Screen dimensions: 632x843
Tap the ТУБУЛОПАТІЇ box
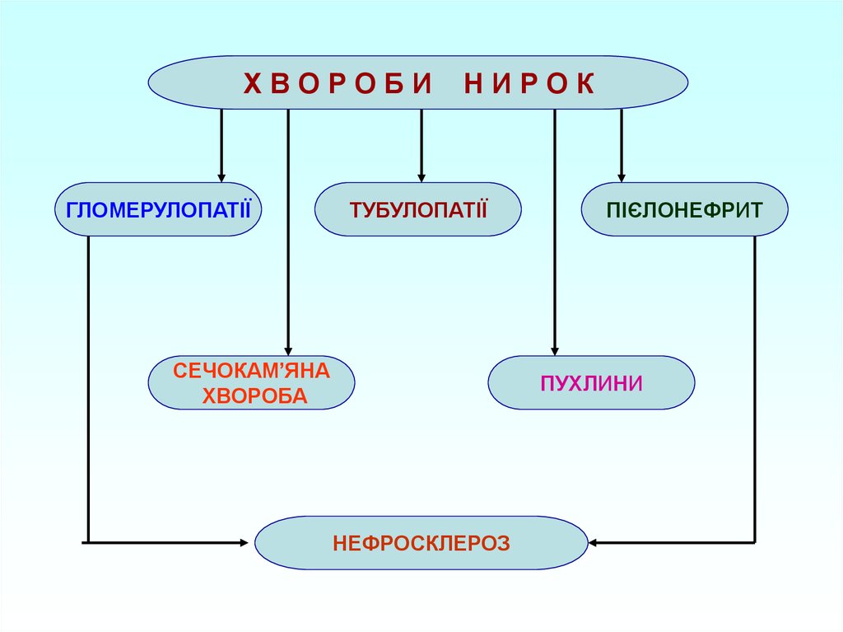[418, 208]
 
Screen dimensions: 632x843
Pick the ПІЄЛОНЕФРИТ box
[684, 208]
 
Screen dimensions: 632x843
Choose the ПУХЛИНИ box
[591, 382]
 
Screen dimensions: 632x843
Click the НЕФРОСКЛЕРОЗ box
[421, 542]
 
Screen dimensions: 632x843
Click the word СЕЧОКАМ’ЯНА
[251, 371]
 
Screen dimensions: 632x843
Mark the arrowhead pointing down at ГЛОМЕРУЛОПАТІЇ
[221, 176]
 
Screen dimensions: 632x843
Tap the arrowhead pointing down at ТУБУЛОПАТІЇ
[421, 176]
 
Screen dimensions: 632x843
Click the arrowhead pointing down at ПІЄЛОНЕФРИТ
[622, 176]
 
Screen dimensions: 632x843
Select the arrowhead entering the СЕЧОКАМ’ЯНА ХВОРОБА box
[288, 349]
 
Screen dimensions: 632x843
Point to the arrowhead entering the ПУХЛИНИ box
[555, 349]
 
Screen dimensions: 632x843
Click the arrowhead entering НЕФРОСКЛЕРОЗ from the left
[244, 542]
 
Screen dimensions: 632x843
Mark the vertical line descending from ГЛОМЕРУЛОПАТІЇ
[87, 387]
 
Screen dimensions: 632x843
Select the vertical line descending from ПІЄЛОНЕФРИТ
[755, 387]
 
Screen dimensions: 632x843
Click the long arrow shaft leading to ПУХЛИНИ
[555, 231]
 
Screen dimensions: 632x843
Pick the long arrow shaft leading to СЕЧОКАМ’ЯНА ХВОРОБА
[288, 231]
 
